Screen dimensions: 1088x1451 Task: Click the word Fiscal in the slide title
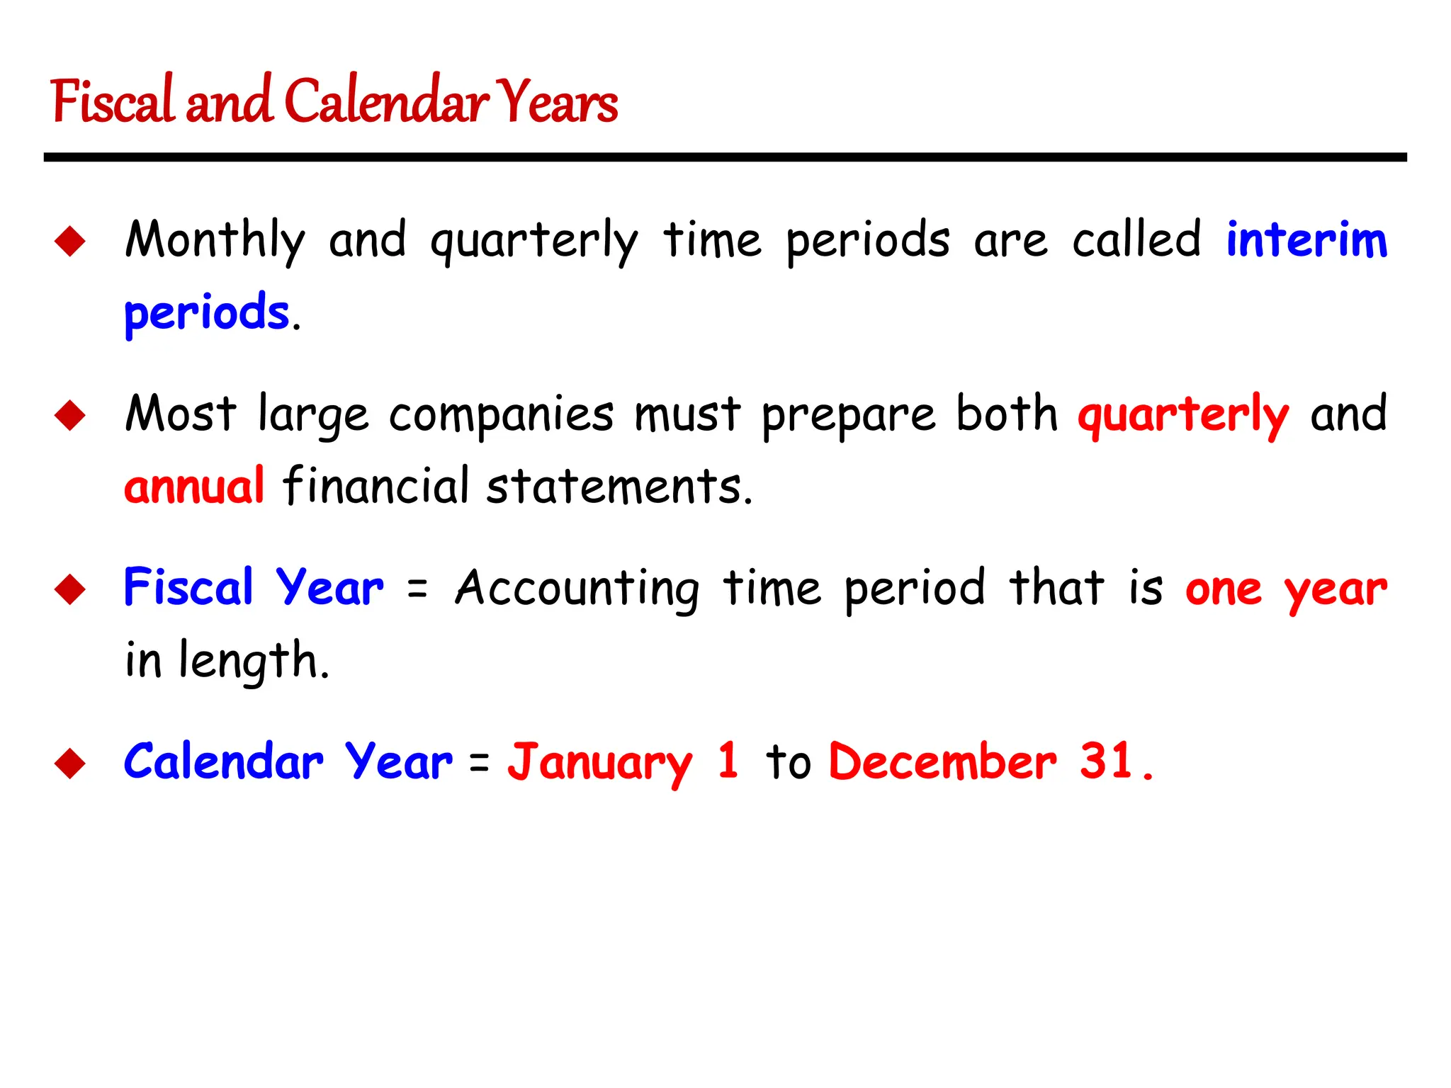coord(112,101)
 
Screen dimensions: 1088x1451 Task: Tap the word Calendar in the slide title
coord(387,101)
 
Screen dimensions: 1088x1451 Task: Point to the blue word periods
coord(207,313)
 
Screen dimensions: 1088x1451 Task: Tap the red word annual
coord(194,487)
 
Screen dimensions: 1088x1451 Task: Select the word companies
coord(501,415)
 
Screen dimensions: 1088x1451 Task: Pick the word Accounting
coord(577,589)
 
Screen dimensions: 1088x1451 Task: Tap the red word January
coord(599,763)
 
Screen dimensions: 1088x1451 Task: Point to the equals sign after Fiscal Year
coord(418,589)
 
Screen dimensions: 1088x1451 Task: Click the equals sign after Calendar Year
coord(480,763)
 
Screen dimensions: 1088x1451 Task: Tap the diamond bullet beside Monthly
coord(70,241)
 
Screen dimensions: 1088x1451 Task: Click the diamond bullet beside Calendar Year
coord(70,763)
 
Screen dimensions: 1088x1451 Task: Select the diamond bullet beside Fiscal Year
coord(70,589)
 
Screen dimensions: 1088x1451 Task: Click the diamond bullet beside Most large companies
coord(70,415)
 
